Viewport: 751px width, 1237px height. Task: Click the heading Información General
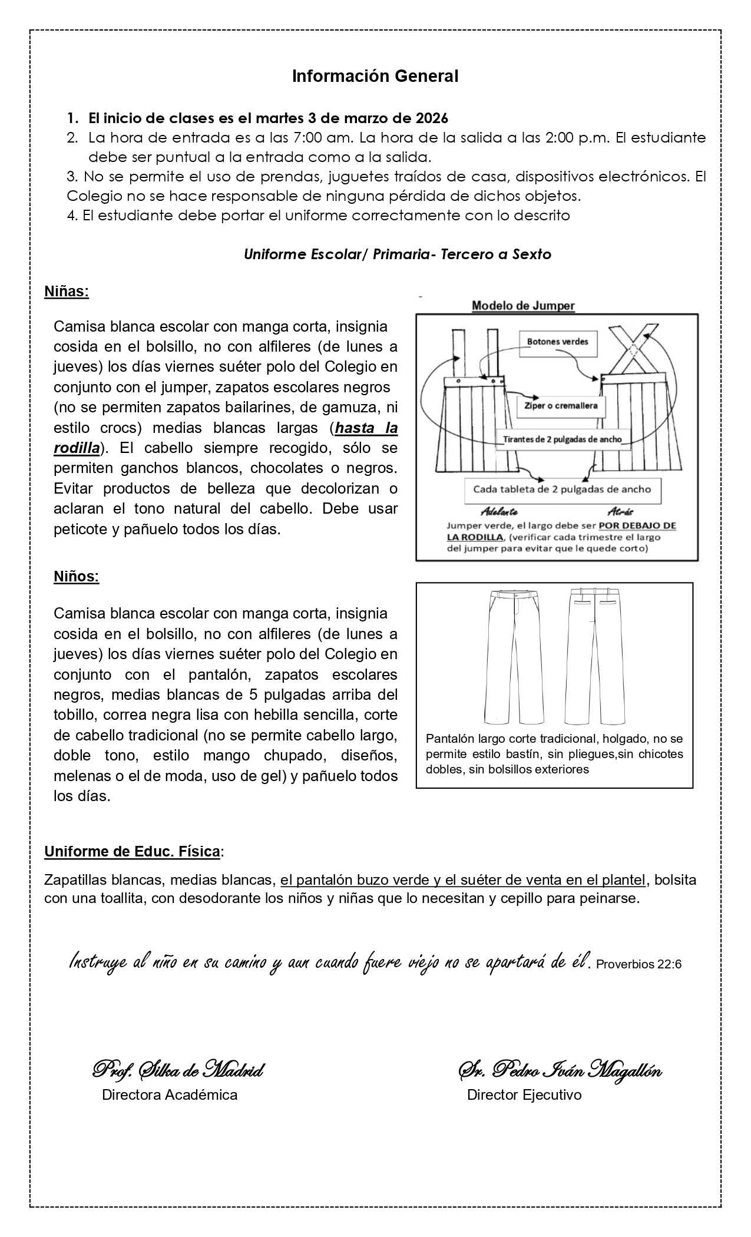[375, 76]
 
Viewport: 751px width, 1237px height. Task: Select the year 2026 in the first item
[432, 118]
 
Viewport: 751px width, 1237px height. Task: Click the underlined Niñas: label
[67, 292]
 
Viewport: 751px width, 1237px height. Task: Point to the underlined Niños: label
[77, 577]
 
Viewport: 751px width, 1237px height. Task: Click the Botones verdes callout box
[557, 342]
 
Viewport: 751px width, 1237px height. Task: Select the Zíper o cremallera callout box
[561, 406]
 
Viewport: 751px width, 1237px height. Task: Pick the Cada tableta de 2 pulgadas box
[563, 489]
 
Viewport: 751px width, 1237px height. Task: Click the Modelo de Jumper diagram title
[523, 306]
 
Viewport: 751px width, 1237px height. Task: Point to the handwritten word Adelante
[499, 511]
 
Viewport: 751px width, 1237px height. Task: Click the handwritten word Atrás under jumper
[620, 511]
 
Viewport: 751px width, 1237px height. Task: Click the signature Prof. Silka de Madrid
[178, 1070]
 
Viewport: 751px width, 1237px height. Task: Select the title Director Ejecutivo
[524, 1095]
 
